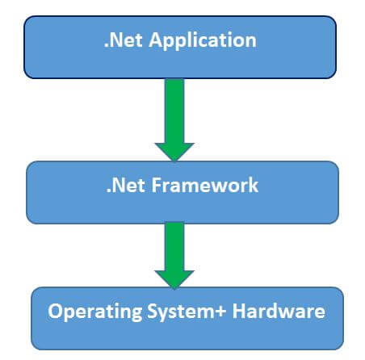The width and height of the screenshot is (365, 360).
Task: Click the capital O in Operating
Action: pyautogui.click(x=54, y=310)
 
